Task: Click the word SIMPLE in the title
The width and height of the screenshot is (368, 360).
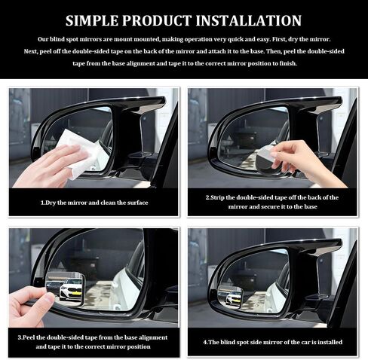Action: (92, 20)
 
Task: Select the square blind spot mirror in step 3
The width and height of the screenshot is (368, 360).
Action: (66, 289)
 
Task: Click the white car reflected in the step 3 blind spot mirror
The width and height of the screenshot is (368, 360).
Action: (71, 289)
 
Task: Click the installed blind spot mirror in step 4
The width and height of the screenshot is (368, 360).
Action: (230, 296)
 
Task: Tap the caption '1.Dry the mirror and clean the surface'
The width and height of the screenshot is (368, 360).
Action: (94, 203)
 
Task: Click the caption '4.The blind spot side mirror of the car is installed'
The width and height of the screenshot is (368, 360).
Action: (273, 342)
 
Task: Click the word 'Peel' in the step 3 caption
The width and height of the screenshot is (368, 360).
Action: (29, 337)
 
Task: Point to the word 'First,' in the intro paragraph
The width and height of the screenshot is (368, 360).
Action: (279, 39)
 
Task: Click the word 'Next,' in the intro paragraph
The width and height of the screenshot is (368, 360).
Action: (31, 51)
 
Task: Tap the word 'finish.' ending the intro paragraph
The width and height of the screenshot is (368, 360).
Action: (288, 63)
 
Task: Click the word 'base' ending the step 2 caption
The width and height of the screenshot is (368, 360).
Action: (311, 206)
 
